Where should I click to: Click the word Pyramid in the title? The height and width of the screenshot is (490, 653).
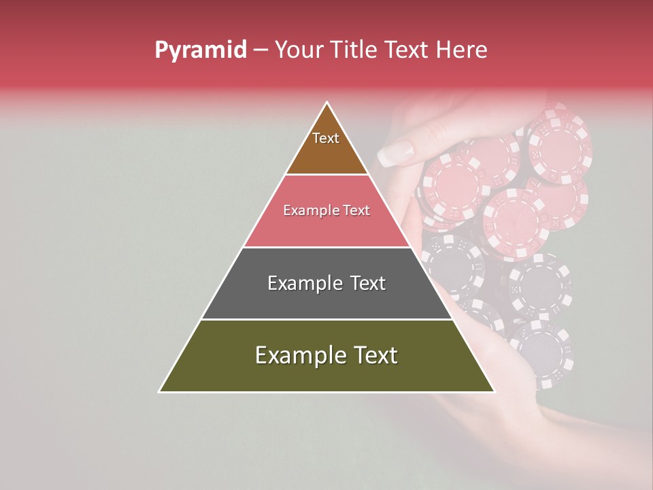200,50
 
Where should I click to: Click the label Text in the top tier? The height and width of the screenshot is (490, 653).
326,138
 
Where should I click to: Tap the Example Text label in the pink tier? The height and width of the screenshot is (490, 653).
326,210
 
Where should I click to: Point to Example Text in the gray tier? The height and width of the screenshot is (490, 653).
326,283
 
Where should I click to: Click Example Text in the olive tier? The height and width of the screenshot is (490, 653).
326,355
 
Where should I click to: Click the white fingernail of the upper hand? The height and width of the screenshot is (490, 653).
394,153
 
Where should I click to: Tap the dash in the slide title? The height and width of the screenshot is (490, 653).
261,50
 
